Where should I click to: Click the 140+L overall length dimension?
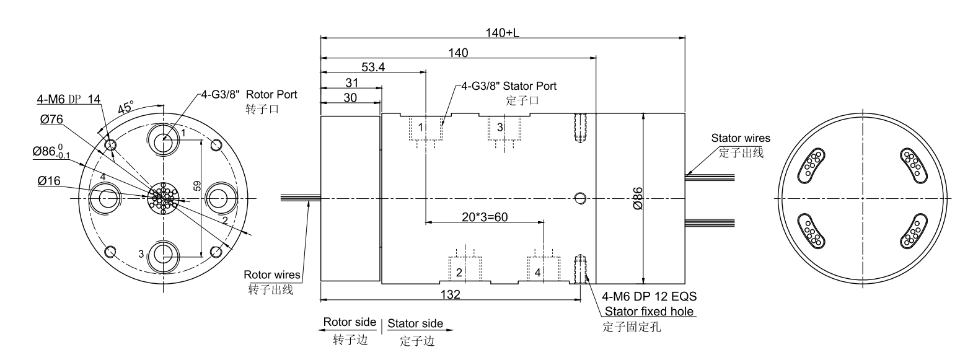[502, 33]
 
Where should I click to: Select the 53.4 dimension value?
[373, 68]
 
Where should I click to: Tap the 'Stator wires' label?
[741, 138]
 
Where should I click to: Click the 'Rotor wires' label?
[272, 274]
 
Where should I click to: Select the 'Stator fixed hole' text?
[649, 311]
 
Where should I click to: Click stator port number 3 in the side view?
[500, 127]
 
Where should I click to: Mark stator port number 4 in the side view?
[537, 272]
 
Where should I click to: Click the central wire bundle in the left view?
[164, 198]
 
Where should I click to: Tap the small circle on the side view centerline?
[580, 198]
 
